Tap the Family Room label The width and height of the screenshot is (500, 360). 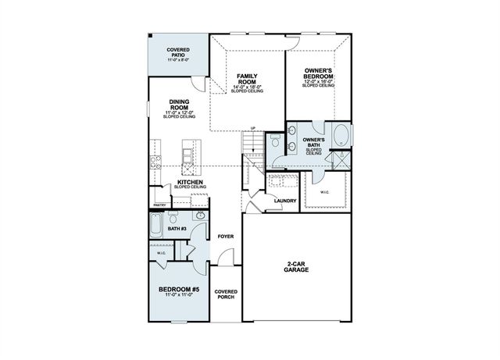click(x=252, y=78)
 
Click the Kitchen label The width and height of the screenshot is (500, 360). click(x=190, y=182)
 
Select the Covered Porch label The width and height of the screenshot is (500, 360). click(x=226, y=294)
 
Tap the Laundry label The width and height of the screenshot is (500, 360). click(x=284, y=201)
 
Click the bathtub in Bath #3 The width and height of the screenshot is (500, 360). click(x=155, y=228)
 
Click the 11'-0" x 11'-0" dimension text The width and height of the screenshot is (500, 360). click(x=180, y=296)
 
